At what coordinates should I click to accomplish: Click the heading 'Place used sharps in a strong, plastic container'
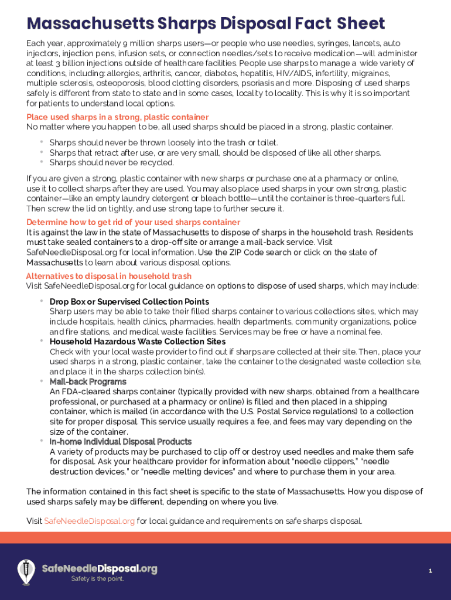(x=117, y=117)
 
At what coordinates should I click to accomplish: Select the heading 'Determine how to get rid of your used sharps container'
(x=133, y=222)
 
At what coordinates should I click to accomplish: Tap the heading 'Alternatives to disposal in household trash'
(x=108, y=276)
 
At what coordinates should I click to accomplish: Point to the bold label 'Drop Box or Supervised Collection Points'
(x=129, y=302)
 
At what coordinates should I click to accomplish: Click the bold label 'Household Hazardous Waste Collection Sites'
(x=138, y=342)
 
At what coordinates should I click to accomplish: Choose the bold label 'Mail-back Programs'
(x=88, y=381)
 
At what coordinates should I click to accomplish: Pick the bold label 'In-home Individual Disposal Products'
(x=121, y=442)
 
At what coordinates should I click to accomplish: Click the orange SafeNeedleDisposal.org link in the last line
(x=90, y=521)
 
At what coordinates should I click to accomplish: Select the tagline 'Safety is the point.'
(x=97, y=579)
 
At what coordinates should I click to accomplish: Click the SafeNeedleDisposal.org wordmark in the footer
(x=100, y=568)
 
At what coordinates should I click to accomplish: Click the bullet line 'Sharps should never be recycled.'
(x=112, y=162)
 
